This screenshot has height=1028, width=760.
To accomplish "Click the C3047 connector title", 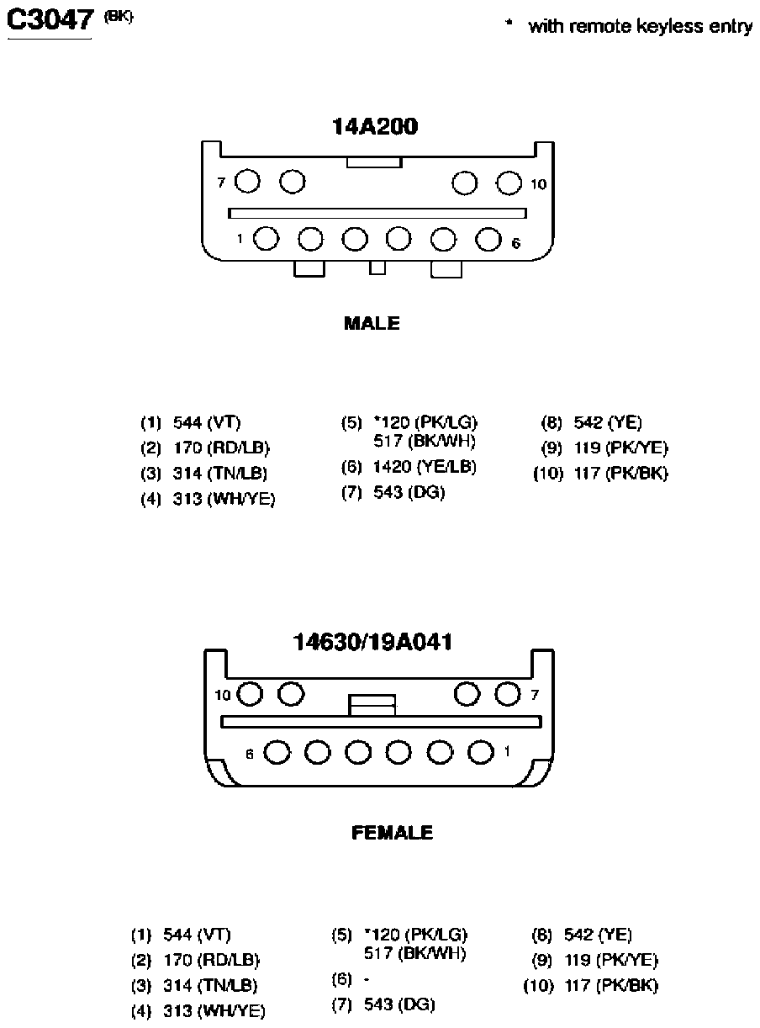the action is coord(50,20).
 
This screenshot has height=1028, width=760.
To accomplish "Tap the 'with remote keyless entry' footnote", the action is coord(640,26).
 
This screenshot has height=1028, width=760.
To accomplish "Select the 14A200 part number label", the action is coord(375,126).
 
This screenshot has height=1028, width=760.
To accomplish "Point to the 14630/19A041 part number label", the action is coord(372,643).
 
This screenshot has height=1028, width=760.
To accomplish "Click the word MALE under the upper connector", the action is coord(372,323).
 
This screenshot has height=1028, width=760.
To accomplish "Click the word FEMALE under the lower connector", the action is coord(393,833).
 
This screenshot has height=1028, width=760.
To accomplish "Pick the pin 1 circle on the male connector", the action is coord(267,239).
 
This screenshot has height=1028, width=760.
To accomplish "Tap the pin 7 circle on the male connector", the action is coord(247,181).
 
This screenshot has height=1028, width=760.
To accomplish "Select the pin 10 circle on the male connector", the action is coord(509,183).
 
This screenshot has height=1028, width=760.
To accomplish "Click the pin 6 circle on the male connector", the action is coord(488,240).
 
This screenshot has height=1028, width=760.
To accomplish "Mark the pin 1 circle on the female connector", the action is coord(481,752).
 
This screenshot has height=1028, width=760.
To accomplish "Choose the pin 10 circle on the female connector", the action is coord(250,694).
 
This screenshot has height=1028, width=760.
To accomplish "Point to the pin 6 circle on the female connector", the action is coord(277,752).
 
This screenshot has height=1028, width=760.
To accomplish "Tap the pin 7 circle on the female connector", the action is coord(508,694).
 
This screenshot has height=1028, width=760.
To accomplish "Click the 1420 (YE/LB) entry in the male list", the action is coord(425,467).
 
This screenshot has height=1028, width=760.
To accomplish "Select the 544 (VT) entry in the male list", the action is coord(207,422).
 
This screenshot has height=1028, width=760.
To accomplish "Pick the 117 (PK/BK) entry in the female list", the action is coord(611,985).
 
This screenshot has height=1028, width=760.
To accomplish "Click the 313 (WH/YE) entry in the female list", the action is coord(214,1011).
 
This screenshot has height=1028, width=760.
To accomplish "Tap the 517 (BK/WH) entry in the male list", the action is coord(425,442).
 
